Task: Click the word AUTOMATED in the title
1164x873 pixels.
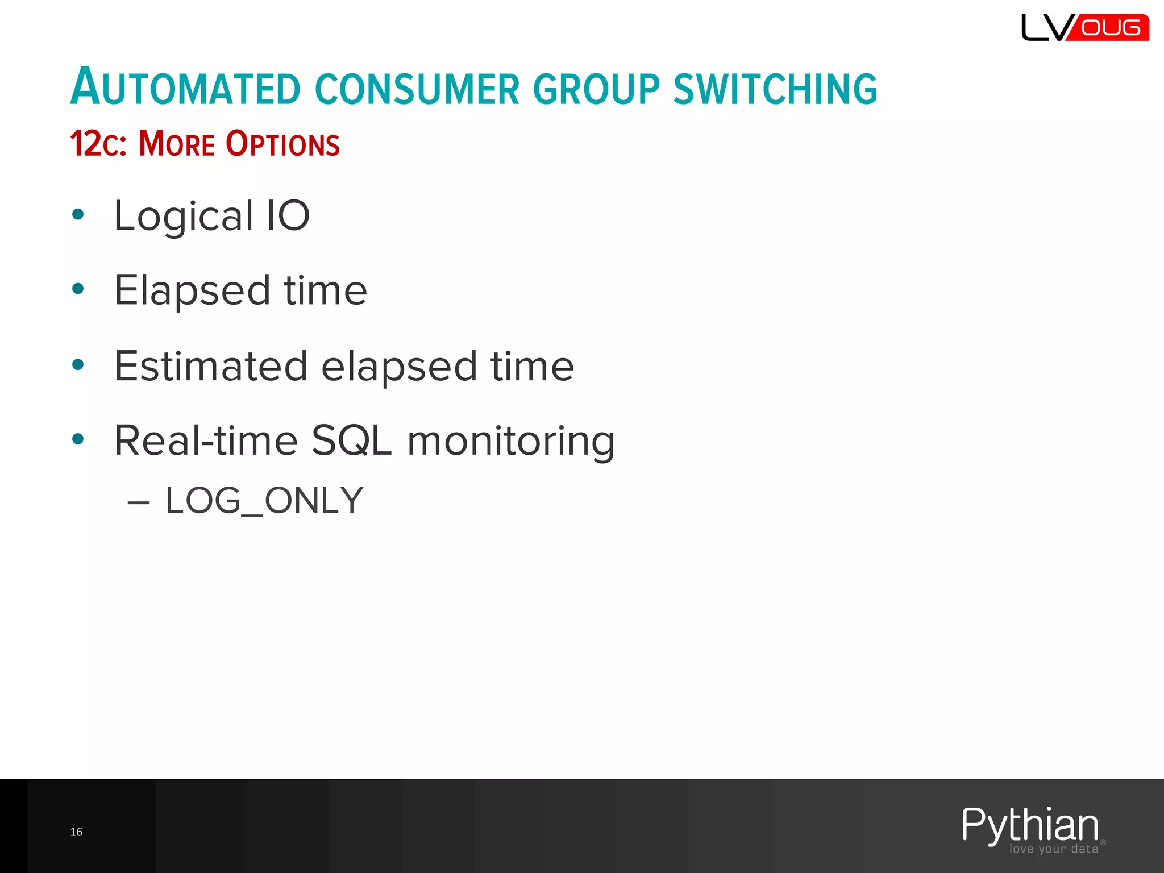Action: point(185,88)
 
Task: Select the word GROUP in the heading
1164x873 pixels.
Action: point(596,89)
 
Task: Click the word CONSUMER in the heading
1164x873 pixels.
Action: point(417,89)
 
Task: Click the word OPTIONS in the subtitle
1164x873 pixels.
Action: point(282,144)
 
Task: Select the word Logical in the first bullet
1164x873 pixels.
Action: point(184,217)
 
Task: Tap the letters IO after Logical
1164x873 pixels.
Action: point(288,215)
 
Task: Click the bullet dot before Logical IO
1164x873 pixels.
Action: point(78,214)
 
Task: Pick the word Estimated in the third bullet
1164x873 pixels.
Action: point(211,366)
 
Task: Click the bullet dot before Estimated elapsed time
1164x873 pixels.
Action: point(78,364)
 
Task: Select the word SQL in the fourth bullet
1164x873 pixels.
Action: point(352,440)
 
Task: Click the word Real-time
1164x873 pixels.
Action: point(206,440)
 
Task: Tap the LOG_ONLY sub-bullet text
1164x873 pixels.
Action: point(264,501)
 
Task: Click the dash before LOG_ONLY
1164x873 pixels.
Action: point(139,502)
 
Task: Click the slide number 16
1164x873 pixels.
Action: point(76,832)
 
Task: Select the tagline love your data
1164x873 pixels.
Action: point(1054,849)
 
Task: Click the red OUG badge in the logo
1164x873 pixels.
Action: point(1110,28)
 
